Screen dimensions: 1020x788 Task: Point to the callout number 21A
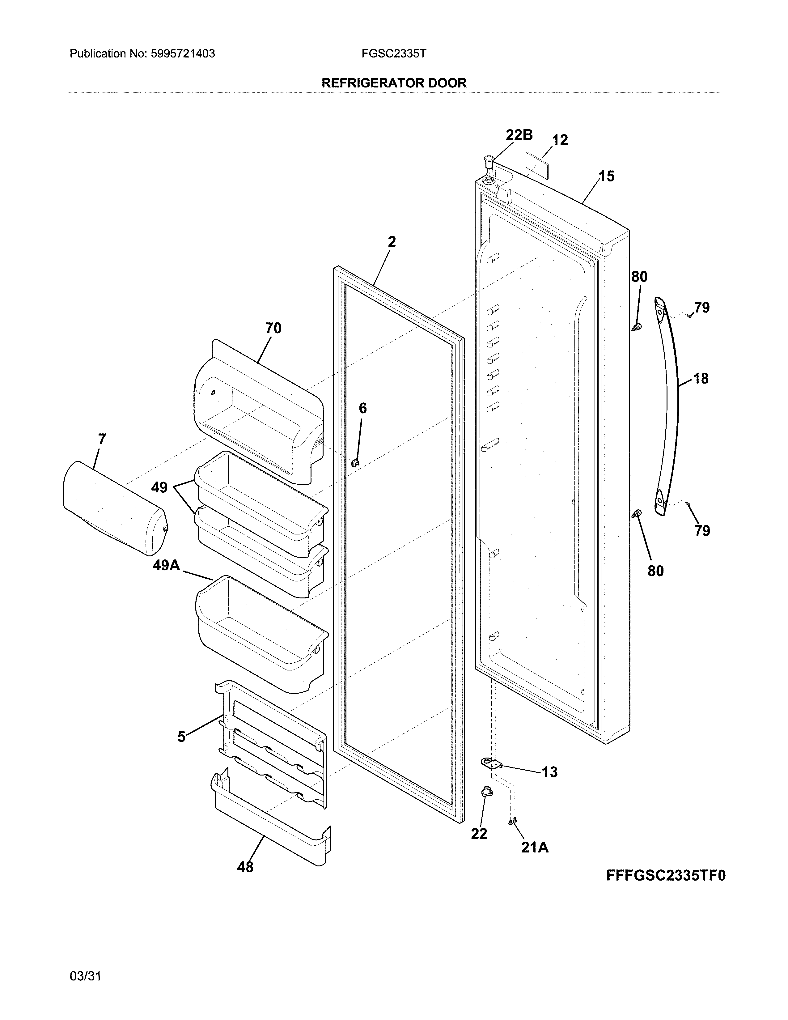click(535, 847)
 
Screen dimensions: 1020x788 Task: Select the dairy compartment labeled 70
click(259, 411)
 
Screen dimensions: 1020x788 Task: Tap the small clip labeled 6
click(356, 462)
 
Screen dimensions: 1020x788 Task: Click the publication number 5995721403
click(183, 54)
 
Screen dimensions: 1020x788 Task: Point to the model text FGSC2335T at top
click(393, 54)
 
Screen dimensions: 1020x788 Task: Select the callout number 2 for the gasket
click(392, 241)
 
